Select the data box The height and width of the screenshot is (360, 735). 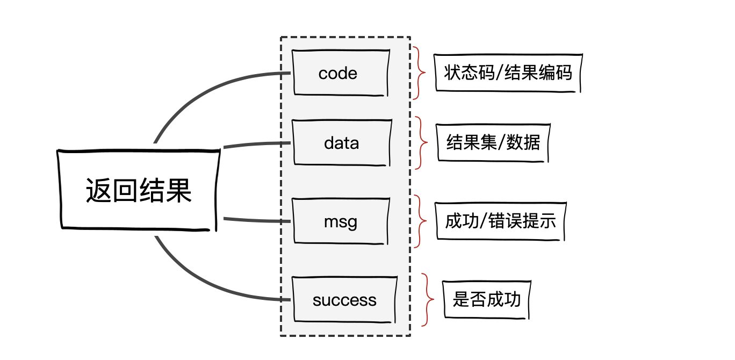(x=342, y=143)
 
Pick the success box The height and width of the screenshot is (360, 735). (x=344, y=300)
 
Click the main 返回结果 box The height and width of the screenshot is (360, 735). (x=139, y=190)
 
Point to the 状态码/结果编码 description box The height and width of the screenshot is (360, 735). (x=508, y=73)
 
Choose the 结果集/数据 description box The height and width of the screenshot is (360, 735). (x=493, y=142)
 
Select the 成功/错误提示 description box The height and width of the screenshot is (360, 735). (x=500, y=221)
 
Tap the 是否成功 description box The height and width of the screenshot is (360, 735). (x=486, y=299)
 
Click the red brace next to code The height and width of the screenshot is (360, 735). (x=419, y=73)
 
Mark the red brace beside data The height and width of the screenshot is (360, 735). (x=422, y=143)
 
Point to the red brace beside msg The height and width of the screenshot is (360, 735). (x=421, y=221)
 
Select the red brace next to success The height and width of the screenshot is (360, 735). (x=428, y=299)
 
